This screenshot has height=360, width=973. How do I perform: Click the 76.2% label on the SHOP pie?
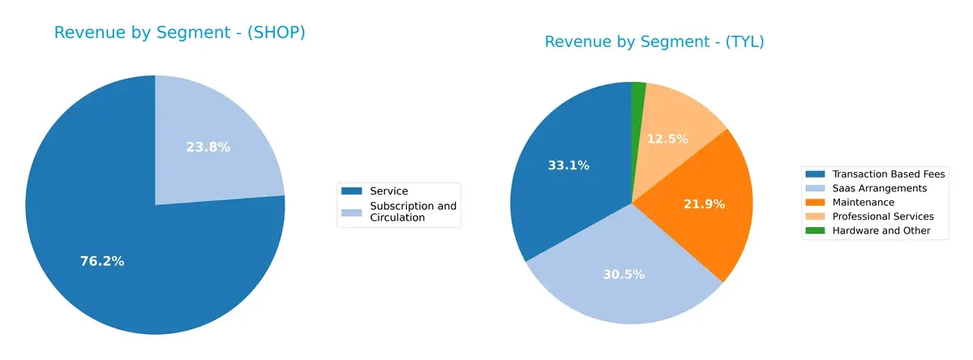[x=101, y=261]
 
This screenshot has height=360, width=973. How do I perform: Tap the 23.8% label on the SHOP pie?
[x=208, y=147]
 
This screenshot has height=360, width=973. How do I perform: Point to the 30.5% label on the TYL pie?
[x=624, y=274]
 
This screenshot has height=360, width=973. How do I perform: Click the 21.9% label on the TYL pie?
[x=703, y=204]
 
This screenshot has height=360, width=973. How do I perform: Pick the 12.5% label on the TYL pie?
[x=667, y=139]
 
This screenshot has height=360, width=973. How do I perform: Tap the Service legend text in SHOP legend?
[x=388, y=191]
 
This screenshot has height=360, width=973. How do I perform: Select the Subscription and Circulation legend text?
[x=413, y=212]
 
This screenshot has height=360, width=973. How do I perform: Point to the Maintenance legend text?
[x=863, y=202]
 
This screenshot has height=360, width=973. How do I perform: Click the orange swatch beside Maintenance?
[x=813, y=202]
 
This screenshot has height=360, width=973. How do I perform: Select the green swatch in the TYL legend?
[x=813, y=230]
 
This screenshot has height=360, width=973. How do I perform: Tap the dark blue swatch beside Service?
[x=351, y=191]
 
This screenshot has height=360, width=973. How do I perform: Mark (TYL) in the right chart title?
[x=738, y=42]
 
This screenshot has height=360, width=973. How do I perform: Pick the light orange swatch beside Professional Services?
[x=813, y=216]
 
